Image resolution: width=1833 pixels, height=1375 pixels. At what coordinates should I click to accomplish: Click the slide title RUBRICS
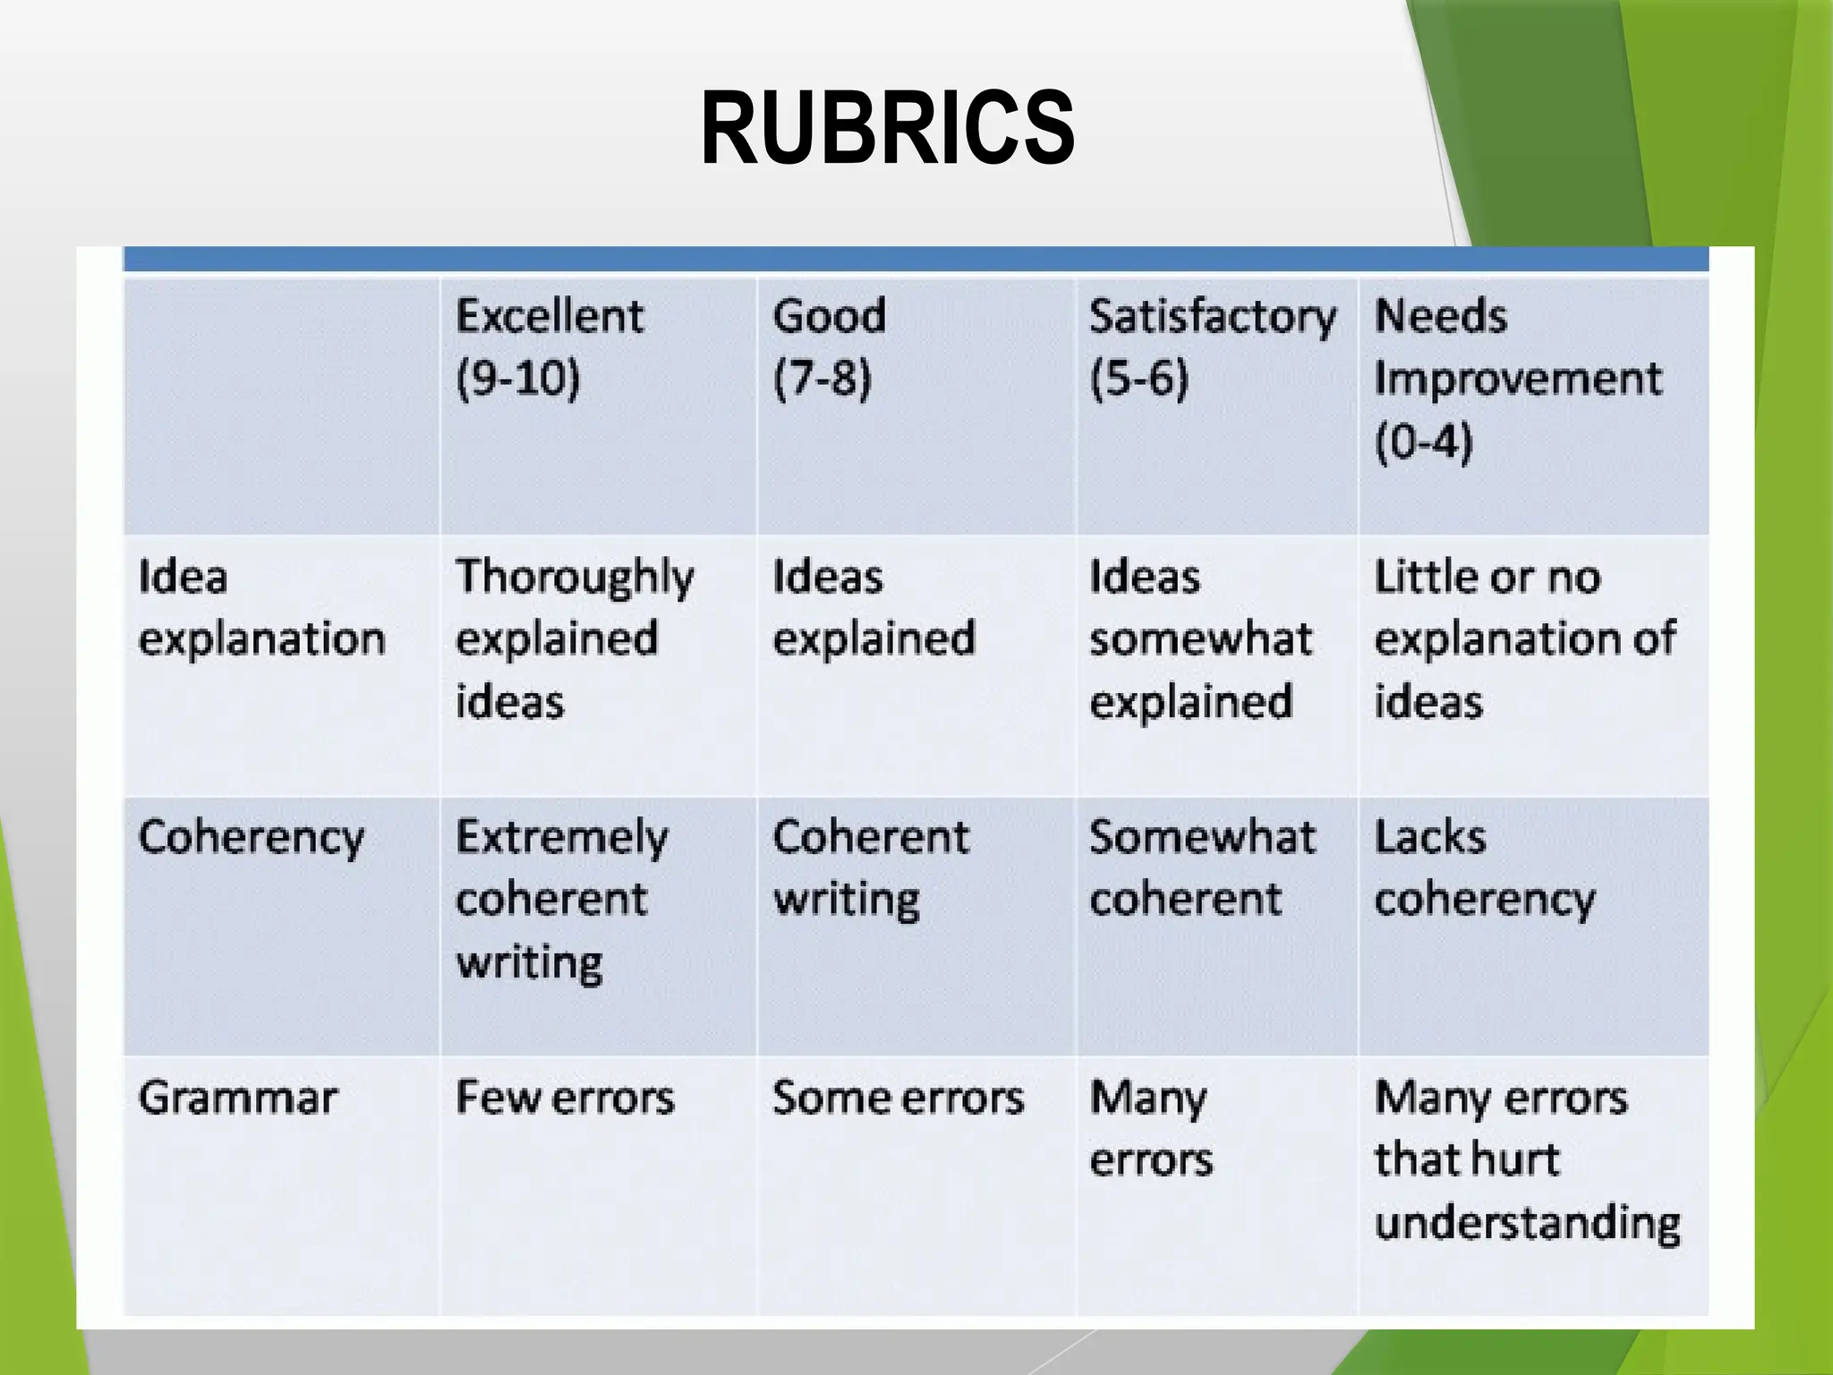(x=887, y=129)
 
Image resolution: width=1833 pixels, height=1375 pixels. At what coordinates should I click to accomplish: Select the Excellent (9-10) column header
(x=549, y=346)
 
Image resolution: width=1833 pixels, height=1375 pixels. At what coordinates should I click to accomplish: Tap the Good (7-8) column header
(x=829, y=346)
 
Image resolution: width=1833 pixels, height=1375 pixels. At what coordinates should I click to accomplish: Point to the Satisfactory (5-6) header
(x=1212, y=346)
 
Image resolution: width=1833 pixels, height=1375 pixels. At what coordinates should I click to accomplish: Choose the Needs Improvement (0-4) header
(x=1517, y=378)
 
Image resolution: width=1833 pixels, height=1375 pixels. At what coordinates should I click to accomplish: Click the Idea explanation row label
(x=261, y=608)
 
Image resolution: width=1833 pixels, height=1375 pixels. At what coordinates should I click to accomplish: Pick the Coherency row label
(x=251, y=839)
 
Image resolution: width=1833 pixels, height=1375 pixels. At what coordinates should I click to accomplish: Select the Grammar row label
(x=237, y=1098)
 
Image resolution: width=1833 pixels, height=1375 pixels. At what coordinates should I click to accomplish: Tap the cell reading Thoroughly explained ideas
(x=574, y=638)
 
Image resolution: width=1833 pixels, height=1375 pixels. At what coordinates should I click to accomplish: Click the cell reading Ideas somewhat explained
(x=1200, y=638)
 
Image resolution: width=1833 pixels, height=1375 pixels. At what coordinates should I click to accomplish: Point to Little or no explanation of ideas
(x=1524, y=638)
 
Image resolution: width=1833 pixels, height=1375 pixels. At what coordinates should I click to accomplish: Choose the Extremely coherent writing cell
(x=561, y=899)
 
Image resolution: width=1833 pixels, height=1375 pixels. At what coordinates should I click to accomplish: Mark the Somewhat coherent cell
(x=1202, y=868)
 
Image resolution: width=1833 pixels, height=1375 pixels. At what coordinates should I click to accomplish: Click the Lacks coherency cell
(x=1484, y=868)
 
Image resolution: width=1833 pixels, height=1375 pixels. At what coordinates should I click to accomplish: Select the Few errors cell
(x=564, y=1098)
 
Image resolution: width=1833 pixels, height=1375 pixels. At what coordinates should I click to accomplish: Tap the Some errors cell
(x=898, y=1098)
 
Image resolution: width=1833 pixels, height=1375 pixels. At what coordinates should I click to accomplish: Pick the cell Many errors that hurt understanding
(x=1526, y=1160)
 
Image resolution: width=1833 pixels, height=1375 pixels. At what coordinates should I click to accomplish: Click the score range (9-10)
(x=517, y=379)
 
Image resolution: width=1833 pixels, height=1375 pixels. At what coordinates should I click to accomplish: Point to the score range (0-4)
(x=1423, y=441)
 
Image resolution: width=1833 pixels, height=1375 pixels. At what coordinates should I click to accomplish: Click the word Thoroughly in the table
(x=574, y=577)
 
